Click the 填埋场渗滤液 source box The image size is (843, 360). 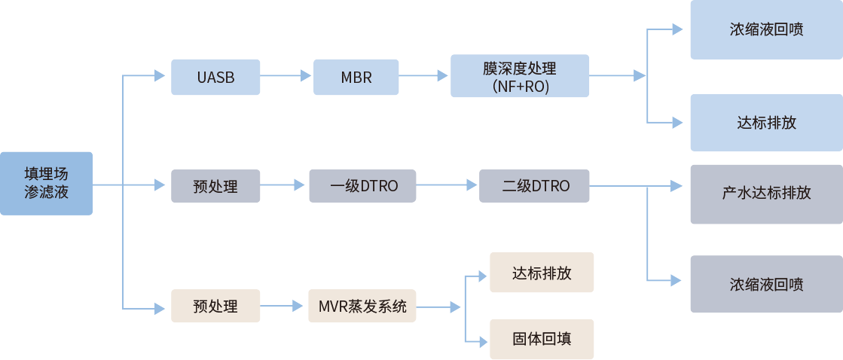coord(47,184)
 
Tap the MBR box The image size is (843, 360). coord(356,77)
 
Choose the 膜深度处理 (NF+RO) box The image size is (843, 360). coord(520,76)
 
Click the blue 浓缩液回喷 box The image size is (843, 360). coord(766,30)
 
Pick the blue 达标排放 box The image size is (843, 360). coord(766,123)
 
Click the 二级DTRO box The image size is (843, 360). coord(535,185)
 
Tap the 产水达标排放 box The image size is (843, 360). coord(766,194)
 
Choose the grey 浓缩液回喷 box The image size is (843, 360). coord(766,284)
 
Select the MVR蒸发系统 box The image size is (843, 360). coord(362,307)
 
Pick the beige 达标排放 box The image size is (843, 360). coord(542,272)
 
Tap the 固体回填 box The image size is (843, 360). coord(542,339)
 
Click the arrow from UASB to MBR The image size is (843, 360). coord(286,76)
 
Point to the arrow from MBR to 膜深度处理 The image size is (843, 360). coord(423,76)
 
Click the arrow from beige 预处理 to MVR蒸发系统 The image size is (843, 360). coord(283,307)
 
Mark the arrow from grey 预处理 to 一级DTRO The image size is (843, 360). coord(283,185)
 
